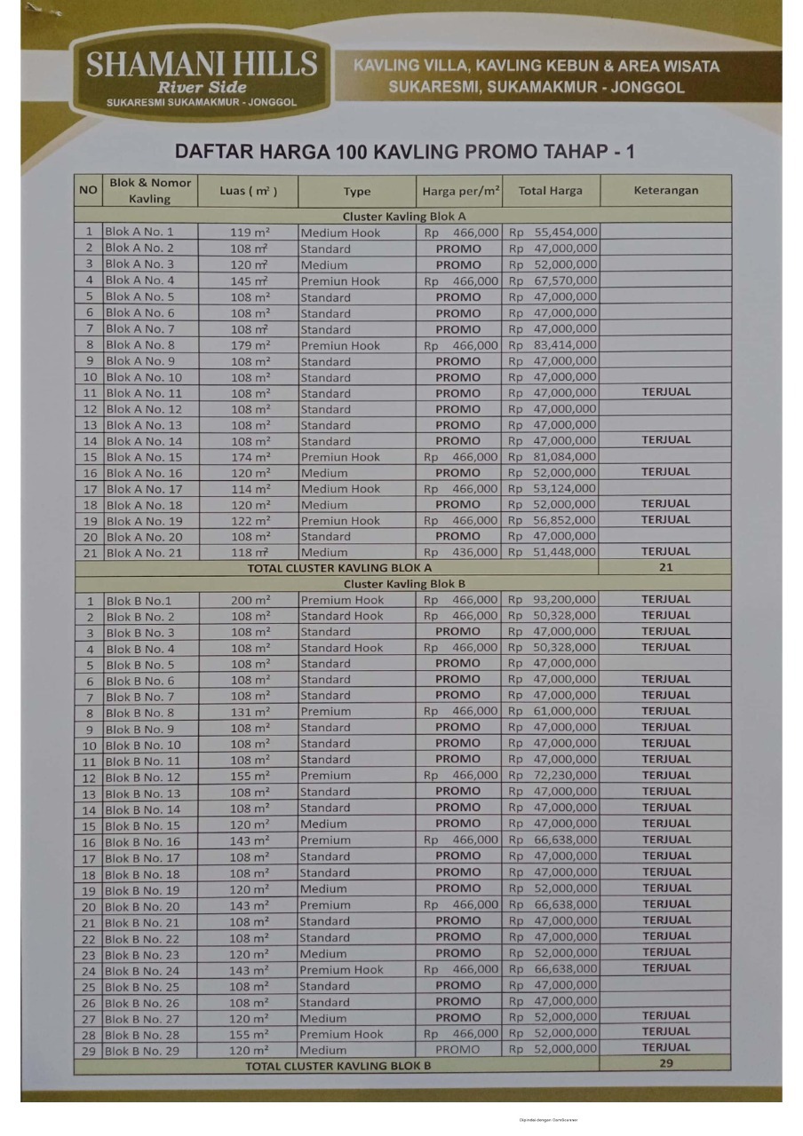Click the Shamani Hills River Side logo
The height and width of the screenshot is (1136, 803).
coord(201,77)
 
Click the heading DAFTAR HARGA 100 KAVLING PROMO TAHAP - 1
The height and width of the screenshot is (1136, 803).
coord(404,151)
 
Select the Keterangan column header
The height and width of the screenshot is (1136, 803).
coord(665,190)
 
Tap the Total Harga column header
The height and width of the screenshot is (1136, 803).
coord(551,190)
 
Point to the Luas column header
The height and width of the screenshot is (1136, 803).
coord(249,190)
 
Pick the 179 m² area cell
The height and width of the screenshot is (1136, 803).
coord(250,345)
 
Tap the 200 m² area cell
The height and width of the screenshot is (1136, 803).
coord(250,600)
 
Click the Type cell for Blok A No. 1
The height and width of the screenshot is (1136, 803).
coord(340,233)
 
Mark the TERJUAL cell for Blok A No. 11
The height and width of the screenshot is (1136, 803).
coord(665,392)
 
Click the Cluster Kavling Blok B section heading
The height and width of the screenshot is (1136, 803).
coord(404,584)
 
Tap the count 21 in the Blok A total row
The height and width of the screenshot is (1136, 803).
coord(665,567)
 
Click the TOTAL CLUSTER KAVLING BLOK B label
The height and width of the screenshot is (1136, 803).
coord(338,1066)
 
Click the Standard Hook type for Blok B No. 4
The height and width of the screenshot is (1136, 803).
coord(342,648)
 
